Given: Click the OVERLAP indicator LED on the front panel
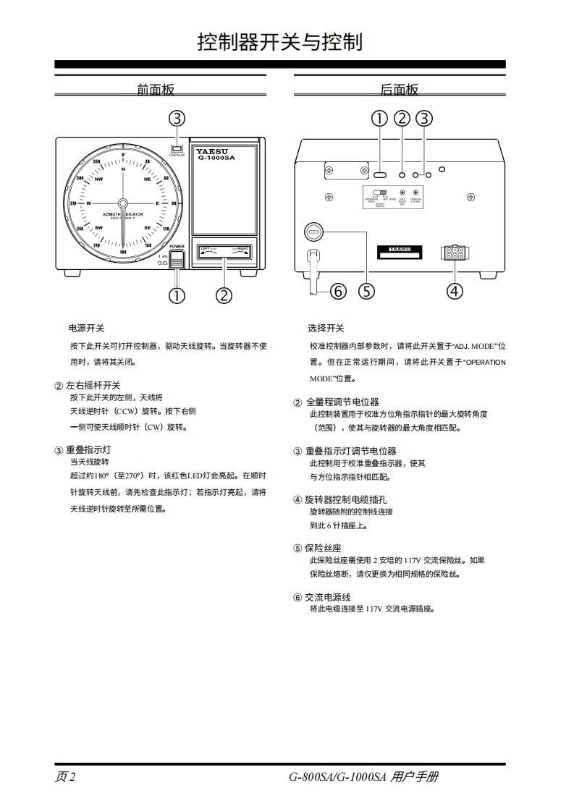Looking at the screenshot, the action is click(176, 148).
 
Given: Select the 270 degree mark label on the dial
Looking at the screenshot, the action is click(73, 203).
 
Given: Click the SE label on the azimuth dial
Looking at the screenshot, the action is click(148, 227).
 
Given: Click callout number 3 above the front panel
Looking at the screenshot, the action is click(177, 118).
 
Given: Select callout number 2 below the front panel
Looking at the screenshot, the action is click(224, 295).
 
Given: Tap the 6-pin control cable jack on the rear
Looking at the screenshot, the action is click(455, 253).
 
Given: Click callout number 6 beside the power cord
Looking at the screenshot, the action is click(338, 291).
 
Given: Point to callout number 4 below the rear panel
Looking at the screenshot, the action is click(455, 291).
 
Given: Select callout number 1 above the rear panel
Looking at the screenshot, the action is click(380, 118).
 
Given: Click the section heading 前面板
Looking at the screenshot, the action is click(156, 90).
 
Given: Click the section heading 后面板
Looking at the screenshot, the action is click(399, 90).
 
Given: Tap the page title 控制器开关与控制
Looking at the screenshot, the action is click(280, 42).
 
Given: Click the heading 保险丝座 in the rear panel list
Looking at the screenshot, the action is click(322, 548).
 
